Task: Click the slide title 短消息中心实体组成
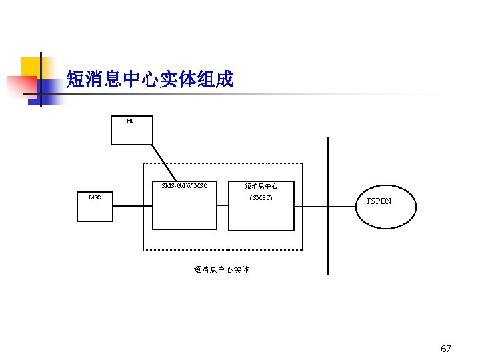click(x=150, y=80)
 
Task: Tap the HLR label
click(x=132, y=121)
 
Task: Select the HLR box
click(x=132, y=133)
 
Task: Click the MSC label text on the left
click(x=95, y=197)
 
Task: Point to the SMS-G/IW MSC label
click(x=185, y=186)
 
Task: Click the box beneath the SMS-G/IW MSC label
click(x=185, y=212)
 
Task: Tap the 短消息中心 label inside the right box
click(x=261, y=187)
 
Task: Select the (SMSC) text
click(x=261, y=198)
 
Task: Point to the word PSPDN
click(x=379, y=201)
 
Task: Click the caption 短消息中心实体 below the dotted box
click(x=221, y=270)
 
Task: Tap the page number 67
click(x=446, y=349)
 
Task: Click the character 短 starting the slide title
click(x=75, y=80)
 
